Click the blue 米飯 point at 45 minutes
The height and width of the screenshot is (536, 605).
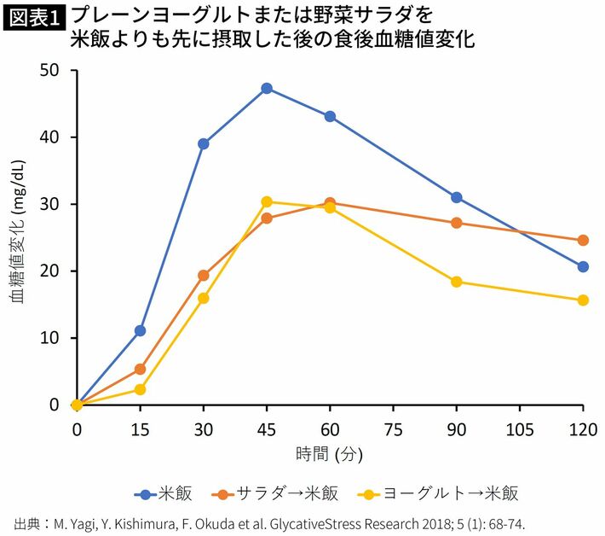point(267,88)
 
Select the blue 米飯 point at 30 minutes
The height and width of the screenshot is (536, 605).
point(204,143)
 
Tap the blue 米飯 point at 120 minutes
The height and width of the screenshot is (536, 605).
point(583,266)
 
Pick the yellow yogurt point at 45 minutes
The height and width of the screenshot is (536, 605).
point(267,201)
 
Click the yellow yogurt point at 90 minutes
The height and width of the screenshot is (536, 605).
point(457,282)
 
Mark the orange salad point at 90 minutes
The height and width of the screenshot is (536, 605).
point(457,223)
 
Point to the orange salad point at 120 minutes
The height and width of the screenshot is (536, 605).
point(583,240)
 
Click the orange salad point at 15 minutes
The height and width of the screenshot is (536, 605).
point(140,369)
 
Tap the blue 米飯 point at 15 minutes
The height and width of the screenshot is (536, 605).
point(140,330)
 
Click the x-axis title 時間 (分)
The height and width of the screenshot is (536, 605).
point(330,455)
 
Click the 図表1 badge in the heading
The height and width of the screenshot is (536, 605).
point(36,17)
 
